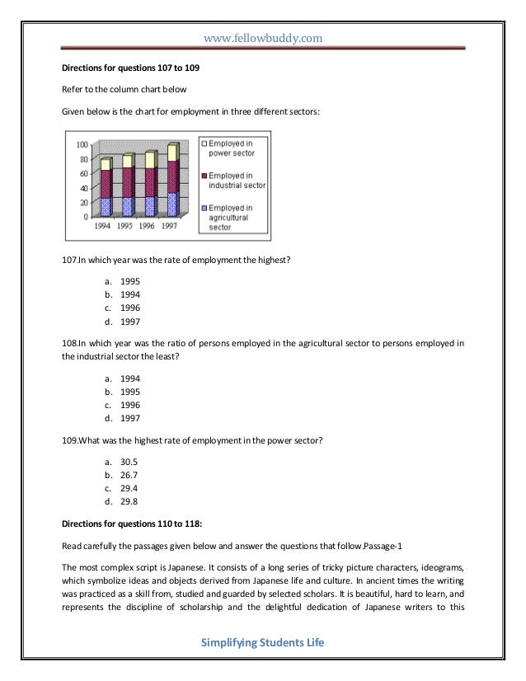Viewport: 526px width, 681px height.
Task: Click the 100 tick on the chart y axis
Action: click(x=83, y=144)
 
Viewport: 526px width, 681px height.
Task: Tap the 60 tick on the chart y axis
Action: click(x=85, y=174)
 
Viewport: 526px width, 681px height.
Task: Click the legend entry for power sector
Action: click(x=232, y=148)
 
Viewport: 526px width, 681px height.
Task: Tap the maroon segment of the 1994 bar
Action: click(x=105, y=183)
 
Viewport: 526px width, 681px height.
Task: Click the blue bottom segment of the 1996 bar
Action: click(x=150, y=205)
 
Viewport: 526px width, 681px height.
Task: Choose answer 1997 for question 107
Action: click(x=130, y=322)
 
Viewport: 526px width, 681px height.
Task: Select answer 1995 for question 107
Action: click(x=130, y=280)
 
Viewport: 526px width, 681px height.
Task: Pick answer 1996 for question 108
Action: click(x=130, y=405)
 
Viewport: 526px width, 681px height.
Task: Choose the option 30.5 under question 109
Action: click(x=130, y=460)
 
